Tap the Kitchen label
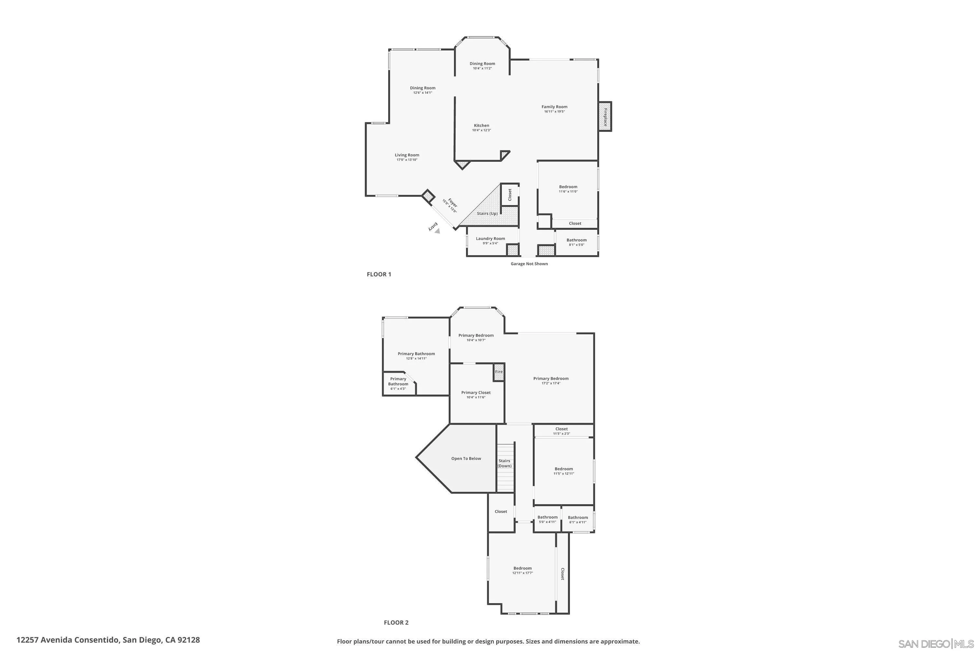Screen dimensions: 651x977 tap(481, 125)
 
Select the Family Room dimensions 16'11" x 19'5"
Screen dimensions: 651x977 tap(554, 112)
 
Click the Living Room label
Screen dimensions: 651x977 tap(407, 155)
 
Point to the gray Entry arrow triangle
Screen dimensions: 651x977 tap(437, 231)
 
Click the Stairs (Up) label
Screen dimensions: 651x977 tap(487, 214)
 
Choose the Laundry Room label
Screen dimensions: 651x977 tap(490, 238)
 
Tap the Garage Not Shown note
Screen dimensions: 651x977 tap(529, 264)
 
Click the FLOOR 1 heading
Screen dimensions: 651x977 tap(379, 274)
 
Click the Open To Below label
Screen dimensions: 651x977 tap(466, 458)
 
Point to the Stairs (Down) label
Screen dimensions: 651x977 tap(504, 463)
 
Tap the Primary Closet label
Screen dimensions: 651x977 tap(475, 392)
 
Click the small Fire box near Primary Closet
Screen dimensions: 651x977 tap(499, 372)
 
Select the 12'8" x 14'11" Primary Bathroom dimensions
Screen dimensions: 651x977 tap(416, 358)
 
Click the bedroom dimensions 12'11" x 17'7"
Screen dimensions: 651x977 tap(522, 573)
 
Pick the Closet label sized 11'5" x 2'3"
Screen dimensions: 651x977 tap(561, 429)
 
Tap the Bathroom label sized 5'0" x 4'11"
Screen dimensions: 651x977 tap(547, 517)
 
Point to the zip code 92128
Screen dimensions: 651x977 tap(189, 640)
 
